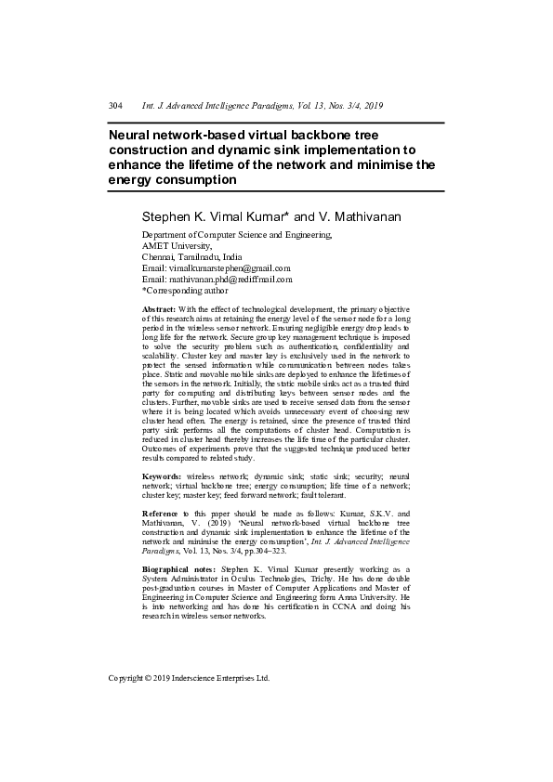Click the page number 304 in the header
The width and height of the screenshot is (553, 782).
[x=116, y=107]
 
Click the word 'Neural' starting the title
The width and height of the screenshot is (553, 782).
[x=132, y=135]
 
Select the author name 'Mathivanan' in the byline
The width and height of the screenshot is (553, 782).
[x=362, y=215]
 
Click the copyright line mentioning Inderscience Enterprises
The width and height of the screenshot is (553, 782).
[x=189, y=678]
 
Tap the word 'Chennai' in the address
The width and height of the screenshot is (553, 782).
[x=159, y=257]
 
